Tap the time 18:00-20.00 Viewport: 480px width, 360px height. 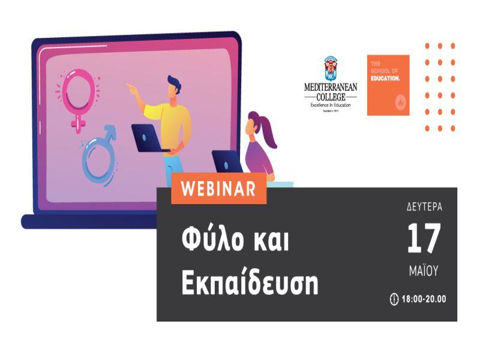(424, 299)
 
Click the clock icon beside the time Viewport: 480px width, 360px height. (394, 299)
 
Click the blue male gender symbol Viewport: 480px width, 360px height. (100, 154)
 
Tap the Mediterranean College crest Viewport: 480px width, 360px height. (330, 68)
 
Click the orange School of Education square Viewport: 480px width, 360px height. (388, 85)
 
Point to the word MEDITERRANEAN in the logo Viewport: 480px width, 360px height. (330, 88)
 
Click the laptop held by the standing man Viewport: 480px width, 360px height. (146, 137)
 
